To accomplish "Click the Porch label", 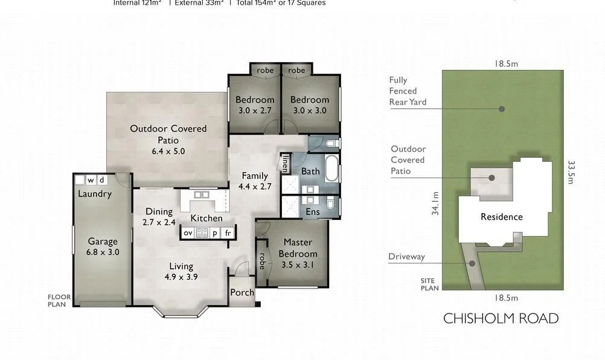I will pos(242,292).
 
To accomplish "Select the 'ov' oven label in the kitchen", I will pos(188,233).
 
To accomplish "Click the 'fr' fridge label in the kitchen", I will pos(228,233).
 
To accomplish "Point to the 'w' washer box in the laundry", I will pos(91,179).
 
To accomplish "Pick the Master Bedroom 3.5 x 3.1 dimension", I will pos(298,265).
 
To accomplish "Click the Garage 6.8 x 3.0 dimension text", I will pos(102,252).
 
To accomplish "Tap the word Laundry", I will pos(95,194).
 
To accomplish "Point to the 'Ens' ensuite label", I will pos(313,212).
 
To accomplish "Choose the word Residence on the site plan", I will pos(502,217).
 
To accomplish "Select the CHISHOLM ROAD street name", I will pos(501,318).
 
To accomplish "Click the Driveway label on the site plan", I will pos(406,257).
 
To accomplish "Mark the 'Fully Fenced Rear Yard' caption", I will pos(408,91).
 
